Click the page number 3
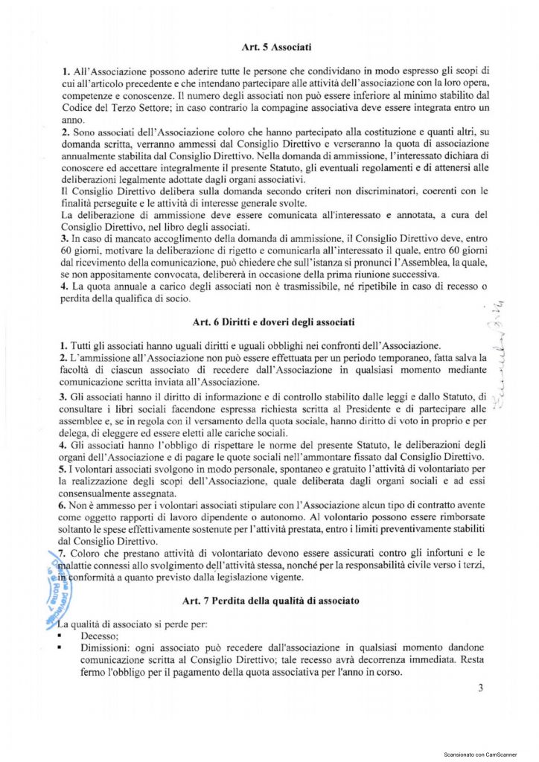(x=481, y=688)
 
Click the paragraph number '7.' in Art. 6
(x=63, y=553)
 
